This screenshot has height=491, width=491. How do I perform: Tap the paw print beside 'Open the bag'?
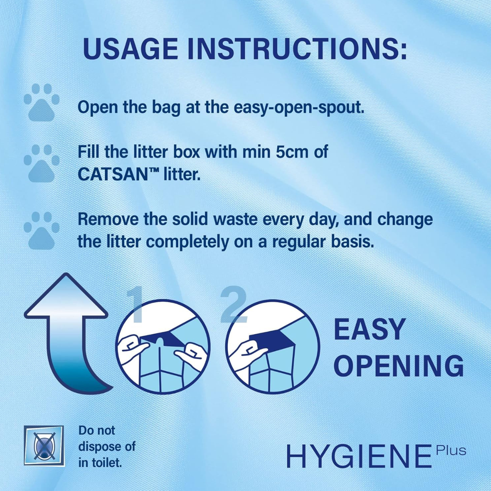[x=41, y=103]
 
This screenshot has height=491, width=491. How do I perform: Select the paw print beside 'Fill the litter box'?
[x=41, y=163]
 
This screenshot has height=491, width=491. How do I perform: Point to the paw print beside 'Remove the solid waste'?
[x=41, y=231]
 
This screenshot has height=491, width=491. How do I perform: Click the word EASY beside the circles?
[x=369, y=330]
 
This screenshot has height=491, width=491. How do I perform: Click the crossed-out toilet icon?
[x=43, y=445]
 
